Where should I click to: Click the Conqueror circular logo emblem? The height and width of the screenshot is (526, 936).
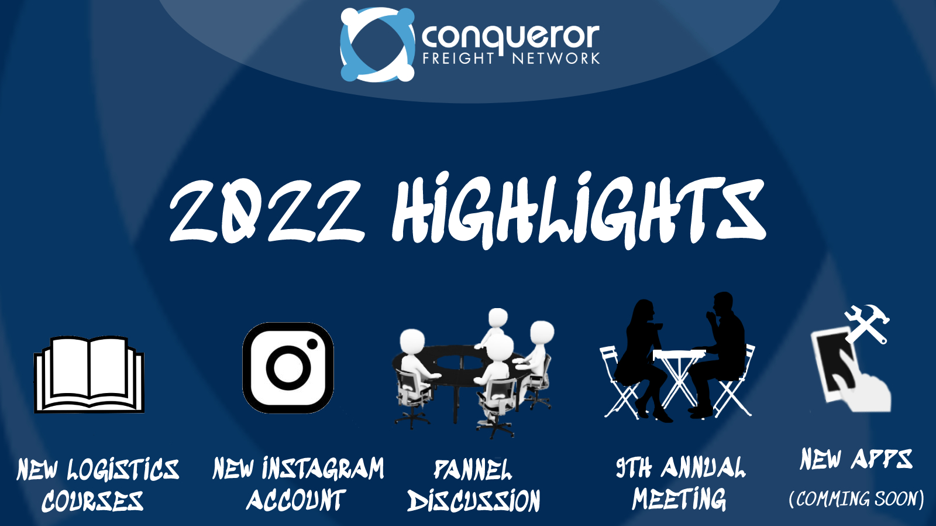click(x=377, y=44)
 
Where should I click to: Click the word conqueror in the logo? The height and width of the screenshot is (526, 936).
click(x=510, y=36)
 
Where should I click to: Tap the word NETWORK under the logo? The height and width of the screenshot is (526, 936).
click(x=556, y=59)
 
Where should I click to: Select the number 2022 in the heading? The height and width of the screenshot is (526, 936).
click(x=266, y=211)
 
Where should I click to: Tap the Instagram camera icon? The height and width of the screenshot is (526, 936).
click(x=288, y=368)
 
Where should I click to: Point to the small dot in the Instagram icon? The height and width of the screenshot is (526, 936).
click(x=312, y=344)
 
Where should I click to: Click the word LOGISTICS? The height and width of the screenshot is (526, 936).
click(x=123, y=470)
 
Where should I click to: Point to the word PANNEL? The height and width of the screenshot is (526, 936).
click(x=473, y=470)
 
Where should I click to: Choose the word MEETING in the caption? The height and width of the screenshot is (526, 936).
click(x=679, y=500)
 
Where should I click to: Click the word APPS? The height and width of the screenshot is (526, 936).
click(x=882, y=459)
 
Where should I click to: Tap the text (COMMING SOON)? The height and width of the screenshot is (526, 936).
click(x=856, y=499)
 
